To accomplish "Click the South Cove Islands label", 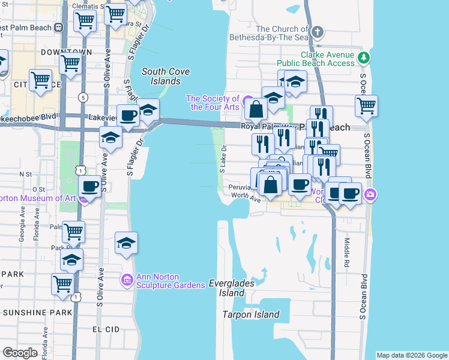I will (166, 76).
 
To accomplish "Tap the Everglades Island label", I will (232, 288).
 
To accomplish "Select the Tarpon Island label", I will (251, 314).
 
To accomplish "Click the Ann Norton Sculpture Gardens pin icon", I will (127, 280).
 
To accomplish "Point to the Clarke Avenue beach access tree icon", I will (363, 58).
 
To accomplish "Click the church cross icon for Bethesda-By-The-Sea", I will (318, 31).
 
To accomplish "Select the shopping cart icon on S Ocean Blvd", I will (366, 106).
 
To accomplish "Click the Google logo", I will (20, 353).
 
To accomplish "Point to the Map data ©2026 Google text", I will (412, 355).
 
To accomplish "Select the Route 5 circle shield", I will (82, 97).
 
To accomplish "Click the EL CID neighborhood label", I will (106, 329).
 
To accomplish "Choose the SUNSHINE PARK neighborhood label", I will (32, 313).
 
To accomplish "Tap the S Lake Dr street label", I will (222, 159).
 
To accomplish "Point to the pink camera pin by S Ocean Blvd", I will (371, 194).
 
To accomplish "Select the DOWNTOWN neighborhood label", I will (66, 53).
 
